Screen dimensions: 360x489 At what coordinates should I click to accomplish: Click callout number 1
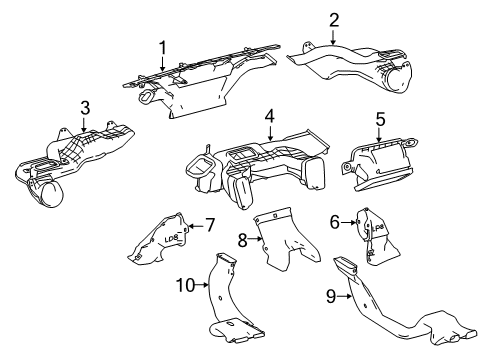tap(160, 47)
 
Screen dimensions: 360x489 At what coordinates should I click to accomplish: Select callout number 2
tap(334, 19)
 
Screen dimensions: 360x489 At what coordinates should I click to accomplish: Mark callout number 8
tap(242, 238)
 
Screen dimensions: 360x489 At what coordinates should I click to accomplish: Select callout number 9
tap(329, 297)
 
